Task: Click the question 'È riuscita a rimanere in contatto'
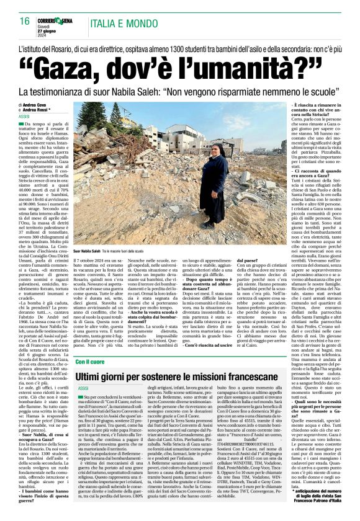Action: (308, 109)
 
